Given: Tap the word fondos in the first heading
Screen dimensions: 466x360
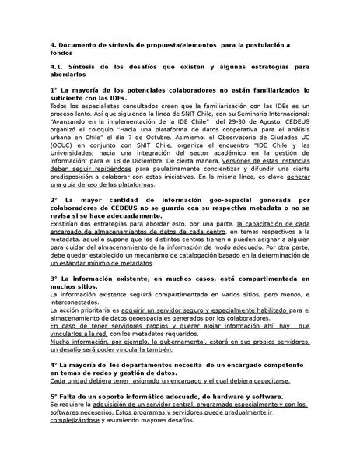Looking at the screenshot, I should coord(63,55).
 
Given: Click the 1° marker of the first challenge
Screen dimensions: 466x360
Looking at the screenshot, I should coord(53,91).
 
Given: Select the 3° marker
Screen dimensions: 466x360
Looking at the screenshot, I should coord(53,278).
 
